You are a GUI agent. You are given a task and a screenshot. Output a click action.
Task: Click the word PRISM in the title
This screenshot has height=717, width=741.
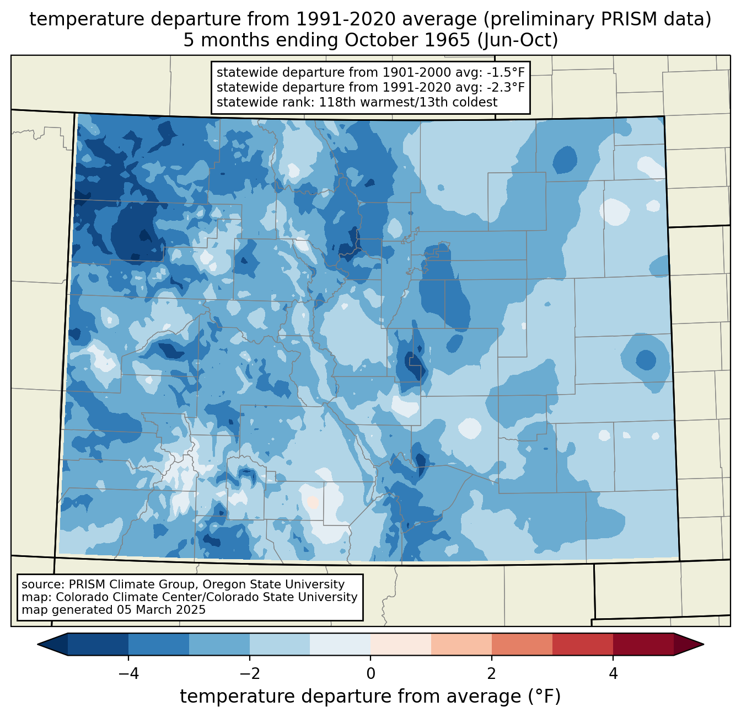pos(623,19)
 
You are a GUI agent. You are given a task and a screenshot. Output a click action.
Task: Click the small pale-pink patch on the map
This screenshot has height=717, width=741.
pos(312,502)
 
